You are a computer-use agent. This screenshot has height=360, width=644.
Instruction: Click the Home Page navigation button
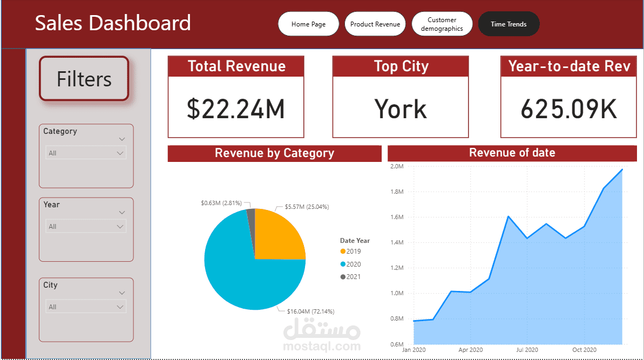tap(308, 24)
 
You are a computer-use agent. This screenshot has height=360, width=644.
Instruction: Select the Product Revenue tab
tap(375, 24)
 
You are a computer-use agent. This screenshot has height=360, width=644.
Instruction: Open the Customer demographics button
tap(442, 24)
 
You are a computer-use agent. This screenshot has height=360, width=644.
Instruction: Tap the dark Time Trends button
tap(509, 24)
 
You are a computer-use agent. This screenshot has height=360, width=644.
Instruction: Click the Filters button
tap(84, 79)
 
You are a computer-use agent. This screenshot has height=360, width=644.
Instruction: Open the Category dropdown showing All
tap(86, 153)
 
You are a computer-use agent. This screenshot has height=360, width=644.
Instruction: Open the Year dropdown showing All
tap(86, 226)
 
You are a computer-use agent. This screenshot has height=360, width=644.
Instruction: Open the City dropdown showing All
tap(86, 307)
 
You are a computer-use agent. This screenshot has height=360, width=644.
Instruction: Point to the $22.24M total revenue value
tap(236, 108)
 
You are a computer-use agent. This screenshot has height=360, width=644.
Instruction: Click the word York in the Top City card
tap(401, 108)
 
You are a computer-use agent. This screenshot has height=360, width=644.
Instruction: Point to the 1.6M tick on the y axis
tap(396, 217)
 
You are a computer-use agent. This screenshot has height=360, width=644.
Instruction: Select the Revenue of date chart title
tap(512, 153)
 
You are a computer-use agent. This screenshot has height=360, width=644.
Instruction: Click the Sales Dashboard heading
tap(113, 23)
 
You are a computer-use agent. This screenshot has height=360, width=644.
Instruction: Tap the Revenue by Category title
tap(274, 153)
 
